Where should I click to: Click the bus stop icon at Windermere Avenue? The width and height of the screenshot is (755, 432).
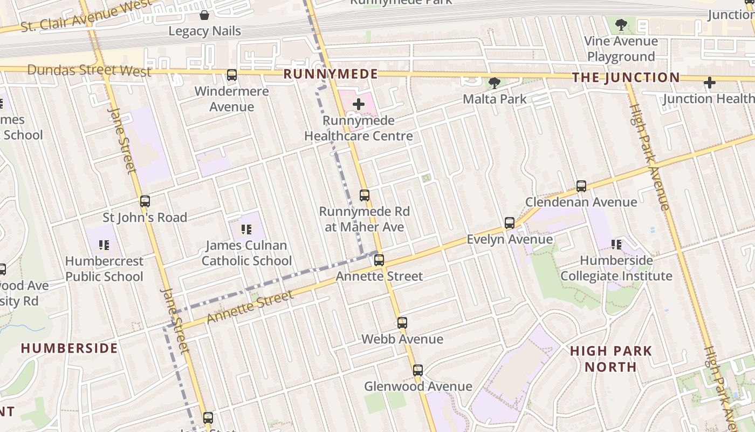point(232,75)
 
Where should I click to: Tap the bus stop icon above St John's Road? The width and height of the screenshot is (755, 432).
point(145,201)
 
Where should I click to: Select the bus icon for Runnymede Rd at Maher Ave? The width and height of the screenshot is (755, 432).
point(365,195)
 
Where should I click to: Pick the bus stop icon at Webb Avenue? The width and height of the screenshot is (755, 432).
point(402,323)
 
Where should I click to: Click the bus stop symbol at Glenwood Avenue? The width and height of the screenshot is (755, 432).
point(418,370)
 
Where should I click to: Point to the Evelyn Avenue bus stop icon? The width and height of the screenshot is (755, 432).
point(510,223)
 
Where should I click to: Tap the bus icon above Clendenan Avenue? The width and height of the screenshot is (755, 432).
point(581,186)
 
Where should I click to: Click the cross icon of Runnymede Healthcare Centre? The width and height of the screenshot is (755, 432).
point(358,104)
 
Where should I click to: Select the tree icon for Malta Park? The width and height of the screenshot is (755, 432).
point(494,83)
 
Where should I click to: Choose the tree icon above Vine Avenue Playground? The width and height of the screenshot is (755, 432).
point(621,24)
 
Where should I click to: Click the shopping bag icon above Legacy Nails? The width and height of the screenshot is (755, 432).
point(204,15)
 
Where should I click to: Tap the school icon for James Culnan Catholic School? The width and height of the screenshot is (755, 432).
point(247,230)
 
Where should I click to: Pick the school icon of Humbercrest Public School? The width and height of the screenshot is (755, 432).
point(104,245)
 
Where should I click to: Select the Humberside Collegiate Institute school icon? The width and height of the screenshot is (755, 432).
point(616,245)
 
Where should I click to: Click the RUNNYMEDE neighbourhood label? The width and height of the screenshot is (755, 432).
point(331,74)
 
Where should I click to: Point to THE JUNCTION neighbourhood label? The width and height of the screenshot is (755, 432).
point(626,77)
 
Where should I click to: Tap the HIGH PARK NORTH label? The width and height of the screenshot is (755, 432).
point(611,359)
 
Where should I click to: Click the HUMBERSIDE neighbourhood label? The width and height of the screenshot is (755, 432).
point(69,348)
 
